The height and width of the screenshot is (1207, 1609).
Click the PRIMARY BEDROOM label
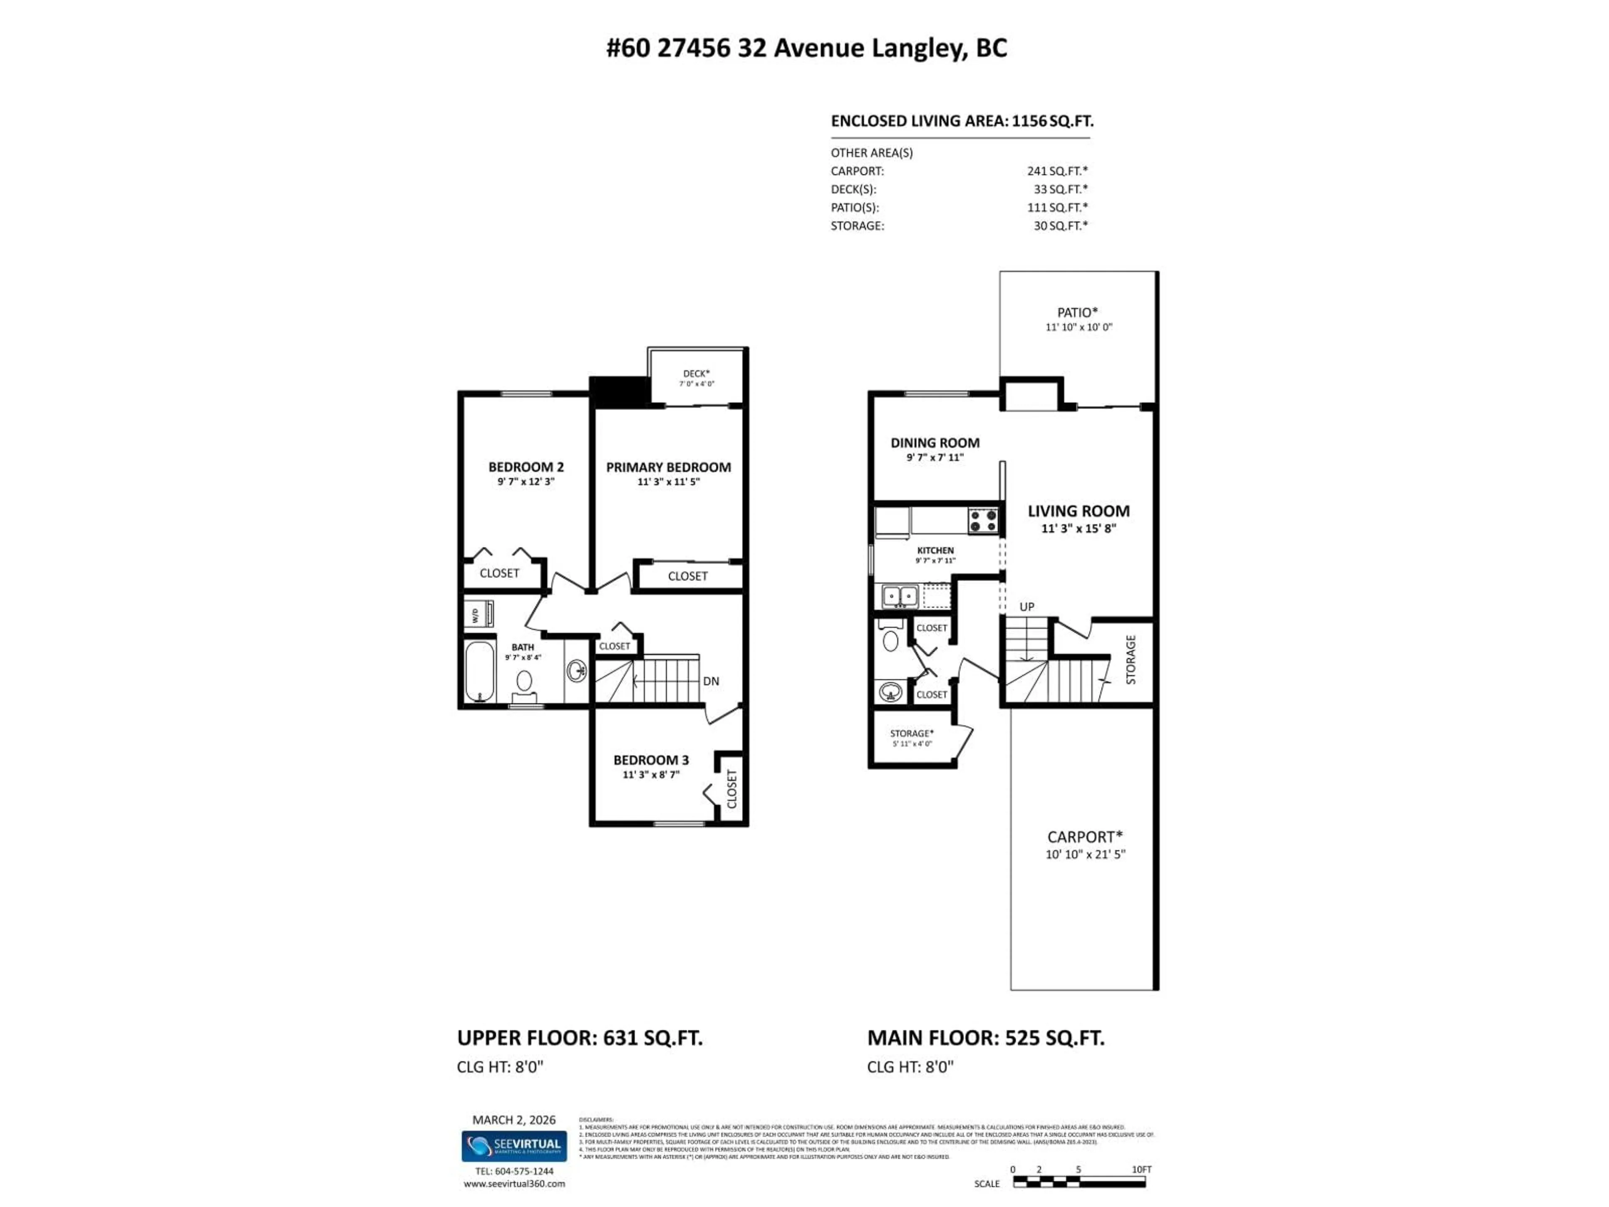(668, 467)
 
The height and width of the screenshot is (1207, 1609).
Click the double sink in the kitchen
(900, 597)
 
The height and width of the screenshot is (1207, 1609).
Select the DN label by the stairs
(711, 681)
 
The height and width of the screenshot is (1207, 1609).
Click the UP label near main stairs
(1026, 606)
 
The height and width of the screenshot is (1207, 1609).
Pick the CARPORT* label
(1084, 837)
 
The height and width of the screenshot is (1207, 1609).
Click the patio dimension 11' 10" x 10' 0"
(1079, 327)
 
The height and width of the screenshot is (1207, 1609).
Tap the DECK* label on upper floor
(696, 373)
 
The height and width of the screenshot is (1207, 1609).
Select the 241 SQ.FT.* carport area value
(1057, 171)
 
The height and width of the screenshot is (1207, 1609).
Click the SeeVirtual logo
(514, 1146)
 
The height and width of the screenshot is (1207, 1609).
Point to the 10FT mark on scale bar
(1141, 1170)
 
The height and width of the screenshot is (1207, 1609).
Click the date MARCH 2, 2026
(514, 1120)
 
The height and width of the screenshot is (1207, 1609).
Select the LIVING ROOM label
(1078, 511)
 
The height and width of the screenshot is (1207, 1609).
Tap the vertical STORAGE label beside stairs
(1130, 659)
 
